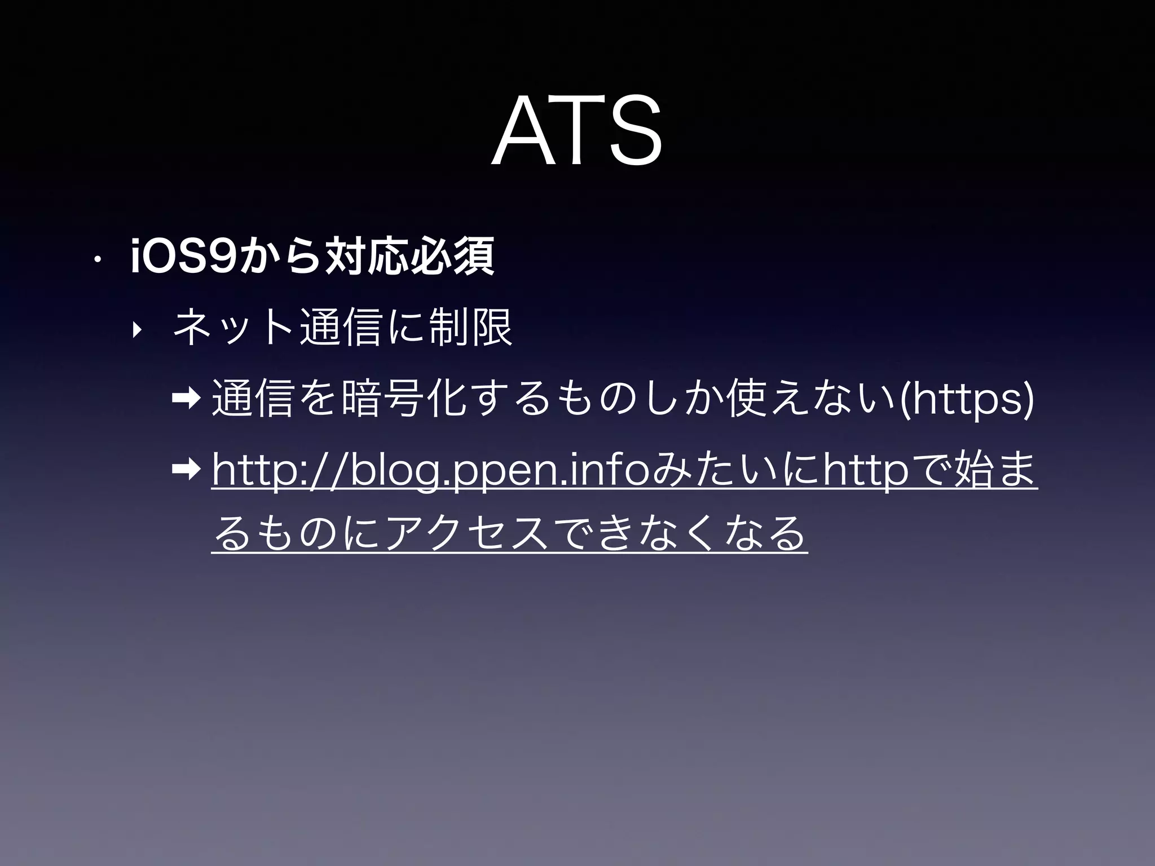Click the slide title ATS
pos(576,131)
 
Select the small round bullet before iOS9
pos(97,260)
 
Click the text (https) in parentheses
pos(968,399)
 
